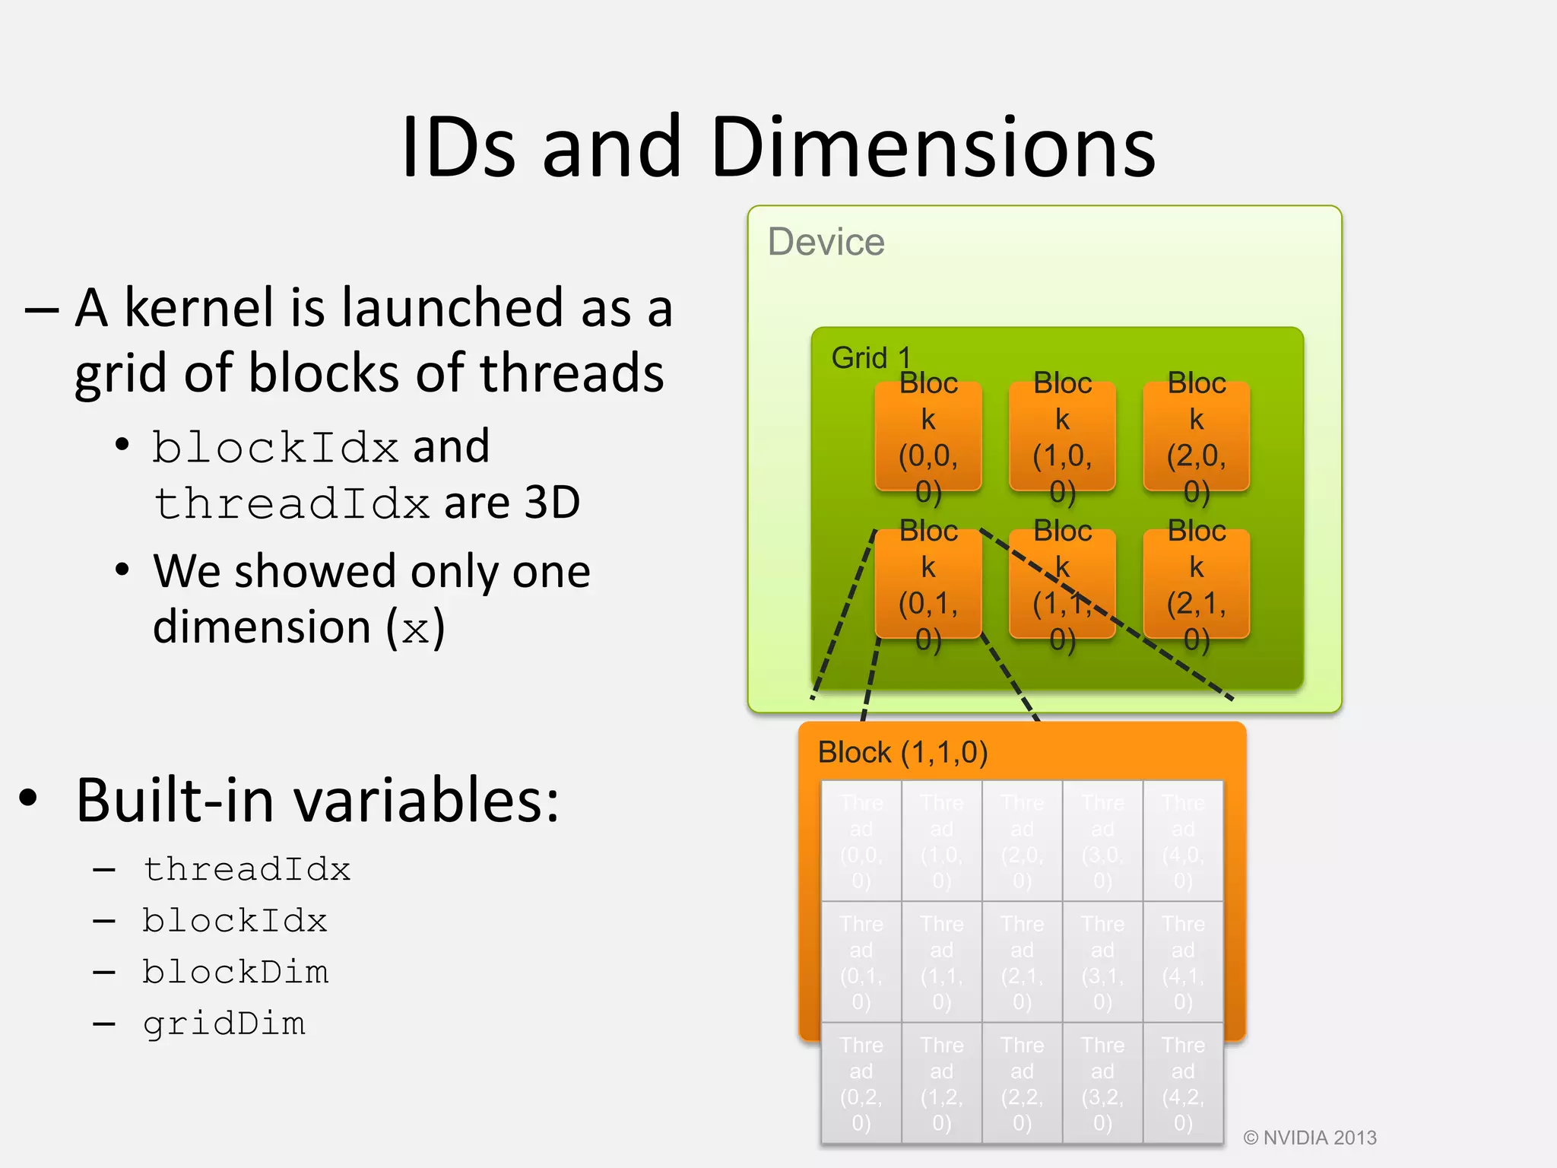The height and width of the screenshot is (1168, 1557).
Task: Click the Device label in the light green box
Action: coord(826,242)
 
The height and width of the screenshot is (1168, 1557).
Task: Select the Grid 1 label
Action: coord(870,357)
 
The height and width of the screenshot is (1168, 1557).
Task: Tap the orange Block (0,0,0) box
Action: coord(928,436)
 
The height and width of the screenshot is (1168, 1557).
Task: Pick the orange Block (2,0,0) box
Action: coord(1196,436)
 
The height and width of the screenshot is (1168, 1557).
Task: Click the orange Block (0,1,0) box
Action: coord(928,584)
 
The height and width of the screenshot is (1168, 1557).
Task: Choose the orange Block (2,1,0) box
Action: coord(1196,584)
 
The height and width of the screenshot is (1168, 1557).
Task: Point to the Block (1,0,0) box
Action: coord(1062,436)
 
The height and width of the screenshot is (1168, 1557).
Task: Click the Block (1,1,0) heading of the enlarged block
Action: coord(902,752)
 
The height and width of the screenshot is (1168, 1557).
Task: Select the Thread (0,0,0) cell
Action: coord(861,841)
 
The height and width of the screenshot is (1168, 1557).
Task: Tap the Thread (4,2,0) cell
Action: coord(1183,1083)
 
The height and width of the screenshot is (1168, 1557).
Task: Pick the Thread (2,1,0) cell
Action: coord(1023,962)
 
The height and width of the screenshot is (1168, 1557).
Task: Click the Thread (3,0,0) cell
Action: coord(1102,841)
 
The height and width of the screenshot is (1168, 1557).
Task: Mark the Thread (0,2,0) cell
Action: coord(861,1083)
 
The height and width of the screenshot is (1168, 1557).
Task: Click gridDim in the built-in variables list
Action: coord(224,1024)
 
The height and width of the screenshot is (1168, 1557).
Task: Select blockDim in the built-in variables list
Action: coord(236,973)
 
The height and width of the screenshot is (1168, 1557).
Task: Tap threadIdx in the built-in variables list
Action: coord(247,869)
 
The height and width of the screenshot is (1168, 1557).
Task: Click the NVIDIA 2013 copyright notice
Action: coord(1310,1138)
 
